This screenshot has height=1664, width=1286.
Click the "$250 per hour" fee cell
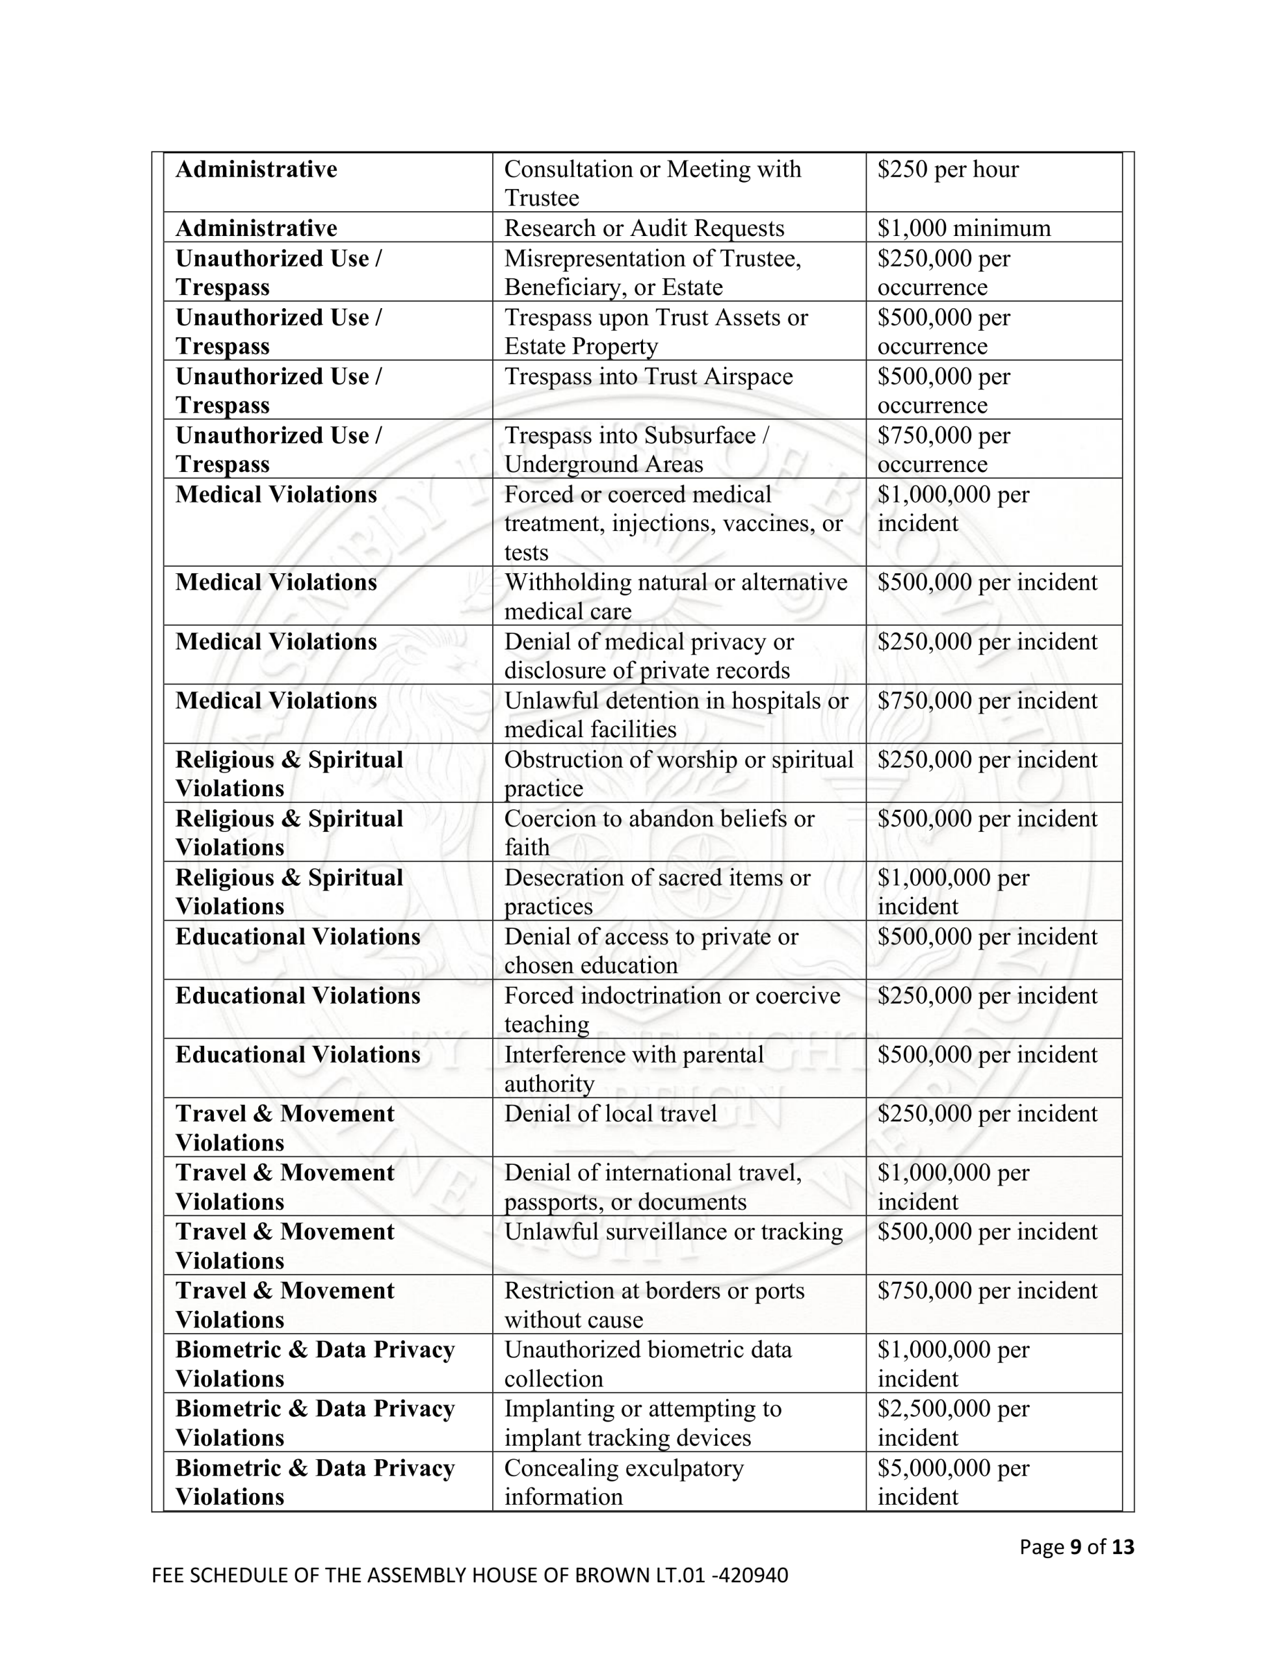click(x=947, y=169)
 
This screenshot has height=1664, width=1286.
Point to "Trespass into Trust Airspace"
click(x=648, y=376)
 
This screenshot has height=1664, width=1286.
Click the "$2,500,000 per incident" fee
click(x=953, y=1422)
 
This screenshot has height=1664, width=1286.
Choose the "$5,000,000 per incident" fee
click(x=953, y=1482)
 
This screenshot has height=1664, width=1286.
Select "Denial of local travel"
click(x=610, y=1113)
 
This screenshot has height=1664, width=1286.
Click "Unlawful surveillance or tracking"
click(x=673, y=1231)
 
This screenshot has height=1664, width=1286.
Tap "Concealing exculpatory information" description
click(x=623, y=1482)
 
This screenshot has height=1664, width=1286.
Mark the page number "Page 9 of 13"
click(x=1077, y=1546)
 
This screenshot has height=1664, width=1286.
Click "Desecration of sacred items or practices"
click(x=657, y=891)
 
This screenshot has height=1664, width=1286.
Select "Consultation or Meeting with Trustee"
click(x=653, y=183)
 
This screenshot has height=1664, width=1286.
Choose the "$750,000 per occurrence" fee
click(x=943, y=450)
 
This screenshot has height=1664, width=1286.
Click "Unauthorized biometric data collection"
click(x=648, y=1364)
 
